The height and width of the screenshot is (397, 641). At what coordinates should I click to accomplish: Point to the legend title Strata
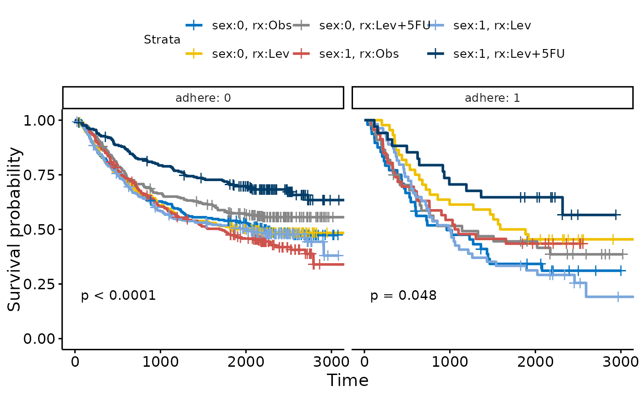pos(162,40)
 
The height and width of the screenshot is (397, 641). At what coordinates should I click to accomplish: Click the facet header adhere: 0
pos(203,98)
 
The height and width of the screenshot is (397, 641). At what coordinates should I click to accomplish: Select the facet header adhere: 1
pos(492,98)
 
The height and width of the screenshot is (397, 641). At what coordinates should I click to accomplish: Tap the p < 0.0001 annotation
pos(119,296)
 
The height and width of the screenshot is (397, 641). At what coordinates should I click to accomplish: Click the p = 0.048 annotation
pos(403,296)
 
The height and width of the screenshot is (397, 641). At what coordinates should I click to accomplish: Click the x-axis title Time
pos(348,380)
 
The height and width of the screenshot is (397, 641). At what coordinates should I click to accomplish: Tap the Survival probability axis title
pos(15,229)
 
